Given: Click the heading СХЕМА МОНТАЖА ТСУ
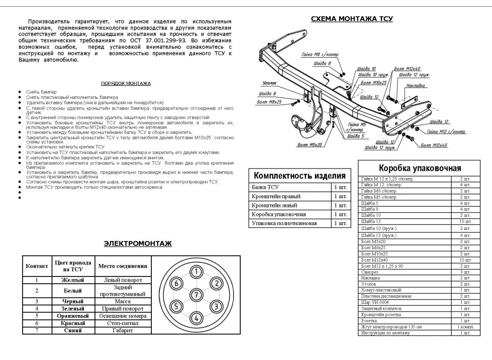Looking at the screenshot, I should [352, 19].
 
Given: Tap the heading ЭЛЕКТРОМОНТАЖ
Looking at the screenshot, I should [137, 243].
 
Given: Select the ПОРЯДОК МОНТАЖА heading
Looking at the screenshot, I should [126, 83].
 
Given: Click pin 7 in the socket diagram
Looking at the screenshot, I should [196, 294].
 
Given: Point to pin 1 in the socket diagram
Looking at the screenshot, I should [196, 272].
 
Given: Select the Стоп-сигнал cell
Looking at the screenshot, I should [123, 324].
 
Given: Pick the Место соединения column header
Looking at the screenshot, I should [123, 266].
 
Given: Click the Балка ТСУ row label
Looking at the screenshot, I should [265, 187].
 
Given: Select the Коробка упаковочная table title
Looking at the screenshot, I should [419, 168].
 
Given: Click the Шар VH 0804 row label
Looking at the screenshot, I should [375, 302].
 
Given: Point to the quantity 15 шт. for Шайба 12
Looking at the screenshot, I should [465, 222].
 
